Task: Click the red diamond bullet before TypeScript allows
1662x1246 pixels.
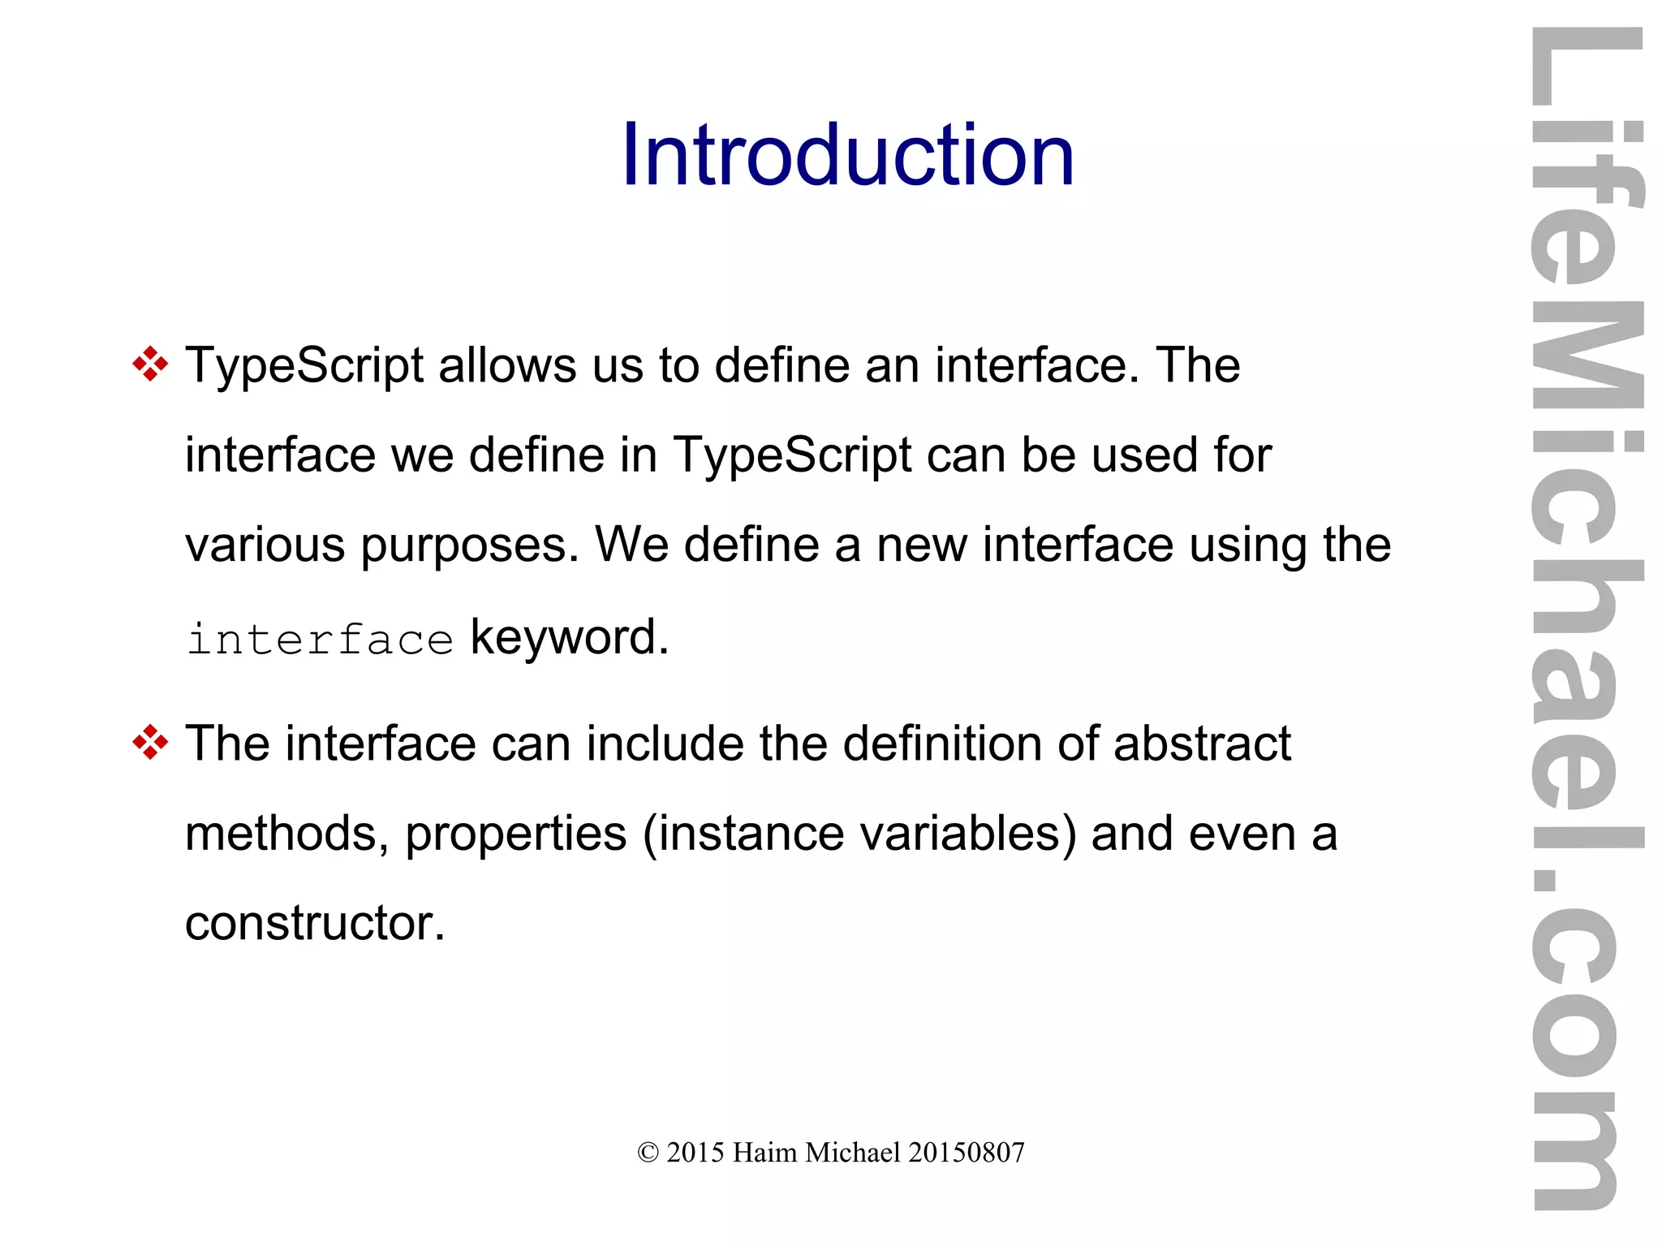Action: [150, 364]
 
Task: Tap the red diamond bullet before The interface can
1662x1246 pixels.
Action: [150, 743]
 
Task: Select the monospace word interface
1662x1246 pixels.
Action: [320, 640]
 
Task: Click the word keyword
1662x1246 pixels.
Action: [570, 637]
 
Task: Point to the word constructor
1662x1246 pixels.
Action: [315, 923]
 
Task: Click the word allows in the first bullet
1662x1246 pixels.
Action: [507, 365]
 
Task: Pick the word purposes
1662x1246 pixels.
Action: [470, 545]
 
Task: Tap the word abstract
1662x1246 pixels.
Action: [1202, 744]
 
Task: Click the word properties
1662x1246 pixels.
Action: [516, 834]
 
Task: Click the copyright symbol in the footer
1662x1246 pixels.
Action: [648, 1153]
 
